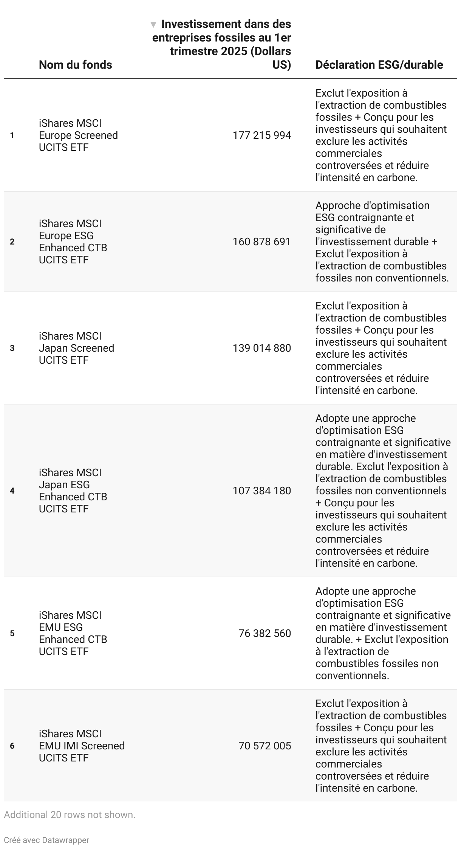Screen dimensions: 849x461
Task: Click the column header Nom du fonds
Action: (x=75, y=65)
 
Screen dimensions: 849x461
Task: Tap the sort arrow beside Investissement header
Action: (x=153, y=25)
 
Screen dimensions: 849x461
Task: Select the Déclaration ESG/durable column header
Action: (x=379, y=65)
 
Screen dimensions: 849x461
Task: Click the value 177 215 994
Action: (x=262, y=135)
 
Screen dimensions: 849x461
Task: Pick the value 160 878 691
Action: (x=262, y=242)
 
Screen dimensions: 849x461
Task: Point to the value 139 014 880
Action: (x=262, y=348)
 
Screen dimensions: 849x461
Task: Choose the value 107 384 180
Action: (x=262, y=491)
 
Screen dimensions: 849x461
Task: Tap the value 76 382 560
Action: (x=265, y=634)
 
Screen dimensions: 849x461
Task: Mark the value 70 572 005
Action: (x=265, y=746)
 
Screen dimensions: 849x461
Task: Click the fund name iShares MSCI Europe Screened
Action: (x=78, y=135)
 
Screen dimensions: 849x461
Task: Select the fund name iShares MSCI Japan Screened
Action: (x=76, y=348)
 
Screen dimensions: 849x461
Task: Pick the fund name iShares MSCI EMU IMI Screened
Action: (x=82, y=746)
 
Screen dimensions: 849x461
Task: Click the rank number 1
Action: (x=12, y=135)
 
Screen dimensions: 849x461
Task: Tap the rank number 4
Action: (x=12, y=491)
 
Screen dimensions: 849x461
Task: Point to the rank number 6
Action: (x=12, y=746)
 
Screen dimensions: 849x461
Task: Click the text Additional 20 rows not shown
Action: (x=70, y=815)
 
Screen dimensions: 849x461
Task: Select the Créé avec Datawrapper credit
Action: (x=46, y=840)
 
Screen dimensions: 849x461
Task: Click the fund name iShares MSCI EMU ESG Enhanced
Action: (x=73, y=634)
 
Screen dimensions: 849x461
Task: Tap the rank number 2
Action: (x=12, y=242)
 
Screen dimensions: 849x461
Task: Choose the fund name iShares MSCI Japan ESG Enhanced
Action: (x=73, y=491)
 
